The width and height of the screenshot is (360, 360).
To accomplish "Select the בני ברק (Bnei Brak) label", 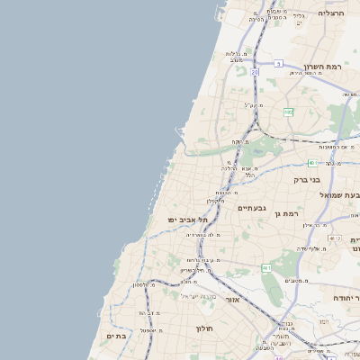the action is [x=307, y=179].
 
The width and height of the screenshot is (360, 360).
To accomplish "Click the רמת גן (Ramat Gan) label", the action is [x=287, y=214].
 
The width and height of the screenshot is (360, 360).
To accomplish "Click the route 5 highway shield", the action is [x=279, y=63].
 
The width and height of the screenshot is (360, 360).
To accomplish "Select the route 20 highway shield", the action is [x=255, y=71].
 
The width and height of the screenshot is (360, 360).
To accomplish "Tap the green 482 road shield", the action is [x=288, y=112].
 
